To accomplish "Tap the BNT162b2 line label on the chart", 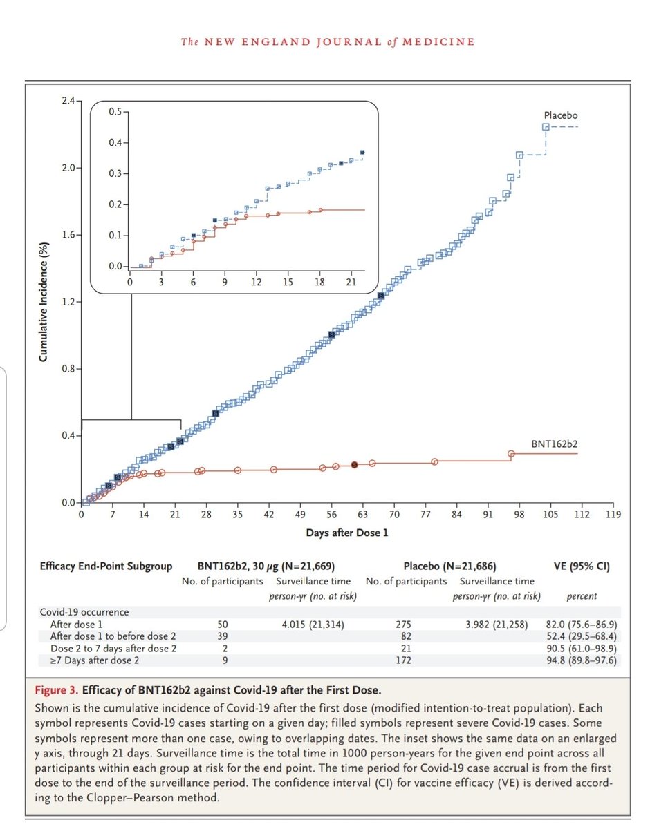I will tap(554, 443).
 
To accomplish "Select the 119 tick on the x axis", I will tap(612, 515).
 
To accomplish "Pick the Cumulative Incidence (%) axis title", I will tap(44, 302).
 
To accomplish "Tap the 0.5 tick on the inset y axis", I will tap(116, 112).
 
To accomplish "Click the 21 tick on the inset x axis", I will tap(351, 283).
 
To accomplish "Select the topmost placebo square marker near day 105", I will tap(546, 127).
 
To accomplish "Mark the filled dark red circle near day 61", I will tap(354, 465).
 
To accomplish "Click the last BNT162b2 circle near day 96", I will tap(512, 454).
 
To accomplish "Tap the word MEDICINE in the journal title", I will tap(443, 41).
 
